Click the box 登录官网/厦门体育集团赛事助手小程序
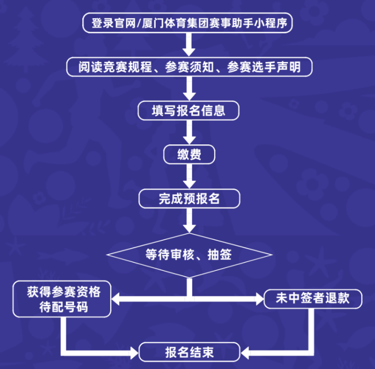188,23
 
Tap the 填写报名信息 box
188,110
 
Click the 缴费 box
189,155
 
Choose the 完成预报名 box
188,198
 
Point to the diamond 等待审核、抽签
188,255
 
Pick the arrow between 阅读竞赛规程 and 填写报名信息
188,89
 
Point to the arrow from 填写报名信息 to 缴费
188,133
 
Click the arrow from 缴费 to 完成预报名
188,176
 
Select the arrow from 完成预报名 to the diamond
188,220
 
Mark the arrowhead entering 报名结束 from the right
244,351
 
